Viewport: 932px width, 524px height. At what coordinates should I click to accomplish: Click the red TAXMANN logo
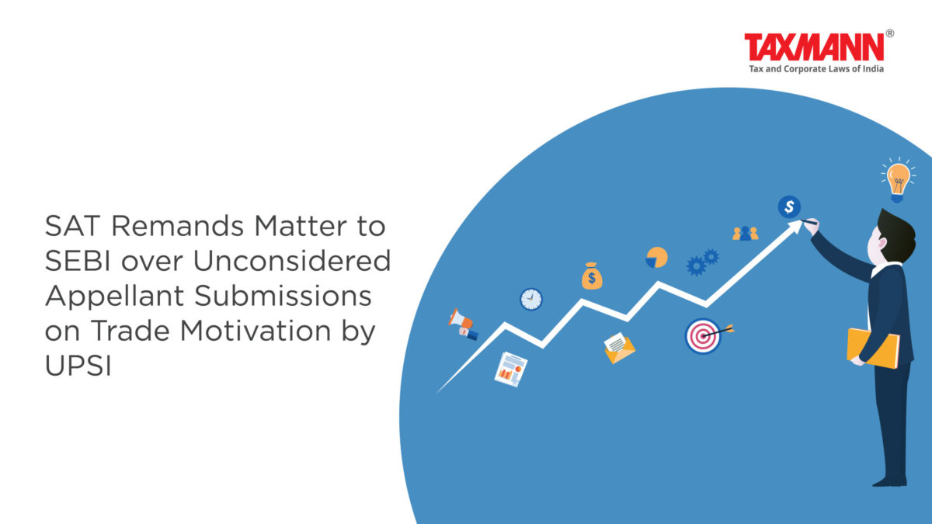point(814,47)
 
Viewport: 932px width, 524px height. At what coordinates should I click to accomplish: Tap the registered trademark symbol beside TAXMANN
point(889,33)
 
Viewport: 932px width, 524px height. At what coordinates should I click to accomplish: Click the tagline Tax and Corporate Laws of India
point(816,69)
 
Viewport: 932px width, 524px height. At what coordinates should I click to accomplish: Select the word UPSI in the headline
point(78,366)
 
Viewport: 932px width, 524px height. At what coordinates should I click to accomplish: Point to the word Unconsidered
point(292,261)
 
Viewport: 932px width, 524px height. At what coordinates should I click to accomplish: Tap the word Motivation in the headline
point(256,331)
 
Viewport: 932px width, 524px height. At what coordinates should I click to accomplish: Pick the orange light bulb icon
point(898,179)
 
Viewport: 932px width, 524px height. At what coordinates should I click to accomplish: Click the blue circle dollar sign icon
point(789,206)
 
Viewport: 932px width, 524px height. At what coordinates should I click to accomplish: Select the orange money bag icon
point(592,276)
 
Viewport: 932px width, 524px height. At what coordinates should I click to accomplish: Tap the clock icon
point(531,299)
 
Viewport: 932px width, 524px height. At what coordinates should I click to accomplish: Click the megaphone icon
point(463,324)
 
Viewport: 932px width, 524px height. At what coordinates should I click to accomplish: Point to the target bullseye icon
point(704,335)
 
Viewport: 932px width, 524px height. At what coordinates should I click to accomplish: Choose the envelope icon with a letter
point(619,348)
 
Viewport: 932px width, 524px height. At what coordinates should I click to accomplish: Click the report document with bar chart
point(510,370)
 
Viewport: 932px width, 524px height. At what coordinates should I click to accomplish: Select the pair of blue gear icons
point(703,262)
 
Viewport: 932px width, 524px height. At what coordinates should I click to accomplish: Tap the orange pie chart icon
point(656,258)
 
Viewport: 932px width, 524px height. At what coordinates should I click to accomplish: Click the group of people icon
point(745,234)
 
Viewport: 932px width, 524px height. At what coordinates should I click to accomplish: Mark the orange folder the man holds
point(873,349)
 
